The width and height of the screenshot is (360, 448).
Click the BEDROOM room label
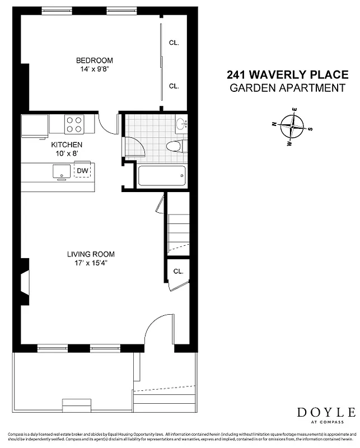(x=94, y=60)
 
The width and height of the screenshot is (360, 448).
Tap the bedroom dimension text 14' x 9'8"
(x=94, y=70)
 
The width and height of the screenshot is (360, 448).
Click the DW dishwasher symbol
(x=82, y=171)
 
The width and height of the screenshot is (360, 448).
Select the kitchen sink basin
(x=61, y=171)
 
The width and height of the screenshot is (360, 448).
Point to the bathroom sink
(x=181, y=124)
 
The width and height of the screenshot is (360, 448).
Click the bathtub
(x=161, y=178)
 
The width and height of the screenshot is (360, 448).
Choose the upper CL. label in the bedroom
(x=174, y=43)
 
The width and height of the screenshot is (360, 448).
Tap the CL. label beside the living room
(x=178, y=272)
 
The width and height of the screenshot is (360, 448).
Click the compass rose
(x=292, y=127)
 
